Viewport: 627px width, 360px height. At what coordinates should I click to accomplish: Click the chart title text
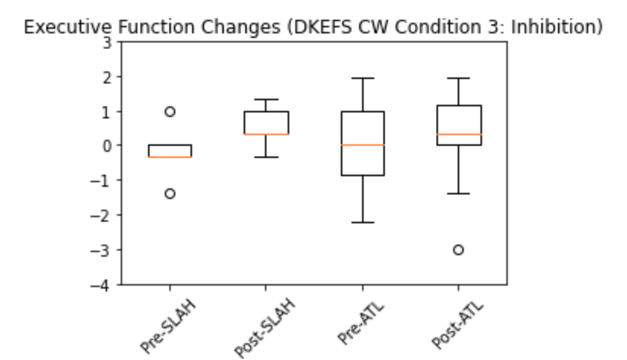[313, 27]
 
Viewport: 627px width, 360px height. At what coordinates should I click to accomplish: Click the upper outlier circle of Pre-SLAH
[170, 112]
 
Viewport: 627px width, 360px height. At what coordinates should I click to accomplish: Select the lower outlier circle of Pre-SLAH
[170, 194]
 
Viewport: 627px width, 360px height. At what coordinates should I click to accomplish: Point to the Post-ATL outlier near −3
[458, 250]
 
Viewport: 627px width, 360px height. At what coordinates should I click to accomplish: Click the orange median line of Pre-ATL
[362, 145]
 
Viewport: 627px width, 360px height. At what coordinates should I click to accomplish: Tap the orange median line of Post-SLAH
[266, 134]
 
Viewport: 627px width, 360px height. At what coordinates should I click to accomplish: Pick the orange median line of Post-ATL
[458, 134]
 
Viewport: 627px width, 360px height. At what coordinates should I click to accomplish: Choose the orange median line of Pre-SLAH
[170, 156]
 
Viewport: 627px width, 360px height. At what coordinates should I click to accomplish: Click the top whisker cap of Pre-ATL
[362, 78]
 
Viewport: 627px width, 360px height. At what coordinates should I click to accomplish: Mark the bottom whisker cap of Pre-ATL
[362, 223]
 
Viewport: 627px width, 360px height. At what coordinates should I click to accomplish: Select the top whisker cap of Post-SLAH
[266, 99]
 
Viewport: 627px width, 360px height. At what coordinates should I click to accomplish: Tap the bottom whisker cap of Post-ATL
[458, 194]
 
